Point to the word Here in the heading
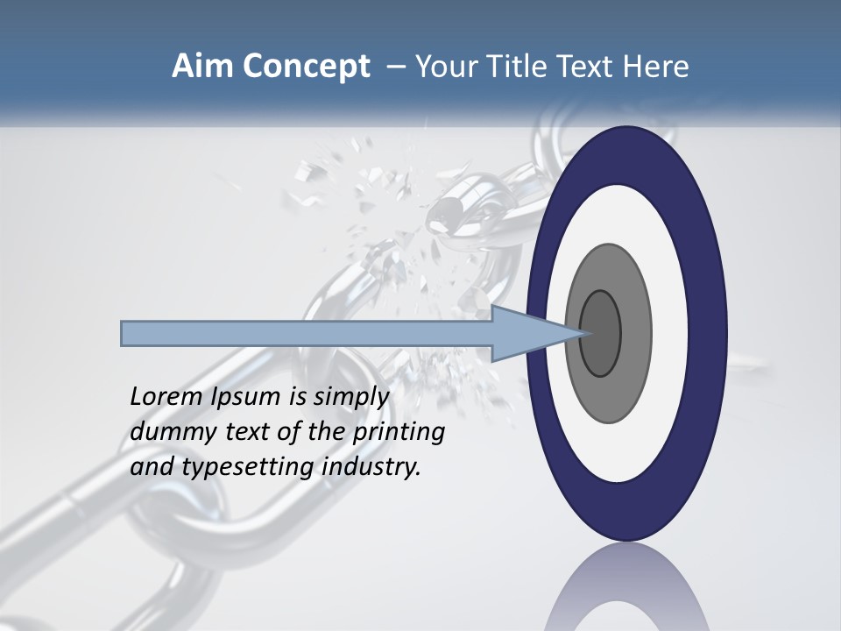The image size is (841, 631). pos(657,67)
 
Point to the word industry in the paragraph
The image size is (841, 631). pos(371,467)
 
